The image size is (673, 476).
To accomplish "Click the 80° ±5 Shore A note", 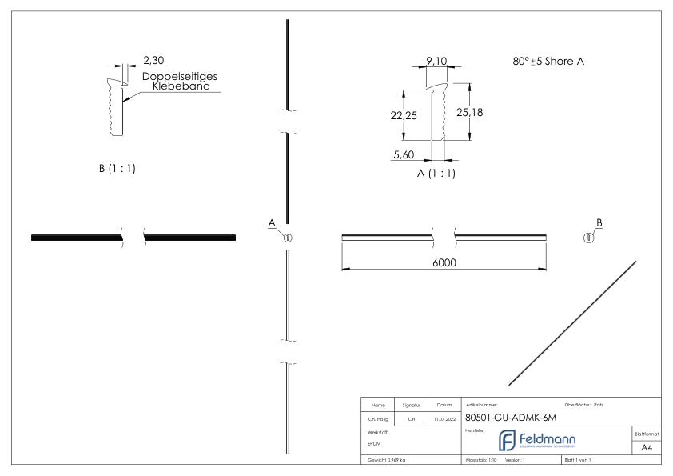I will click(x=548, y=62).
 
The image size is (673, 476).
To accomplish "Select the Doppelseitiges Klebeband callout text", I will click(x=181, y=81).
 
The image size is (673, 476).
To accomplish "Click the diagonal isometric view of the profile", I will click(x=573, y=322).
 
